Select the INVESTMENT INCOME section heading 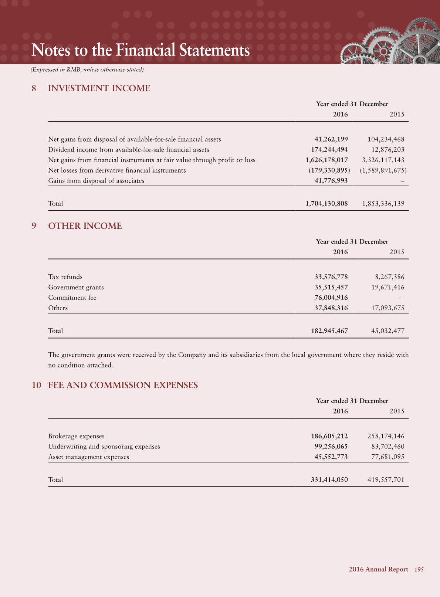pyautogui.click(x=99, y=88)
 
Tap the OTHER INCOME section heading pyautogui.click(x=85, y=226)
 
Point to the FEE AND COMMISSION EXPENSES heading pyautogui.click(x=123, y=385)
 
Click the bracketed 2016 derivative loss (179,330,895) pyautogui.click(x=329, y=170)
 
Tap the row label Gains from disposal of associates pyautogui.click(x=96, y=181)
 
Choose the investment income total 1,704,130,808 pyautogui.click(x=326, y=204)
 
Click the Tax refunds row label pyautogui.click(x=65, y=277)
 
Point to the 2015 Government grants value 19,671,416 pyautogui.click(x=387, y=287)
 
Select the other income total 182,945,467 pyautogui.click(x=329, y=331)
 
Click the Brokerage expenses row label pyautogui.click(x=76, y=436)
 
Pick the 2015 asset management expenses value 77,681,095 pyautogui.click(x=387, y=457)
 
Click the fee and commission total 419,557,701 pyautogui.click(x=386, y=480)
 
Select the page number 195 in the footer pyautogui.click(x=419, y=570)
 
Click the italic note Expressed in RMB pyautogui.click(x=87, y=69)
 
